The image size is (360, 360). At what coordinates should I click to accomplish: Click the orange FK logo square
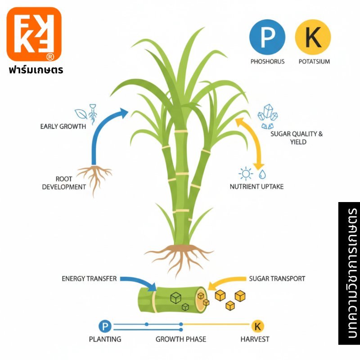click(34, 34)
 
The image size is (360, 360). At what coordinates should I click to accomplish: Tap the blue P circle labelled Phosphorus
click(267, 38)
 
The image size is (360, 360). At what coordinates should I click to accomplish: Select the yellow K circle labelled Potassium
click(313, 38)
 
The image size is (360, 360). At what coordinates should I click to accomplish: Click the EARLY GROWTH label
click(63, 126)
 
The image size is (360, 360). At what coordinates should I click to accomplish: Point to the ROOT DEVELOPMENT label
click(64, 183)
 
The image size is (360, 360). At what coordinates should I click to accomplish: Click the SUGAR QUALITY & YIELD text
click(297, 138)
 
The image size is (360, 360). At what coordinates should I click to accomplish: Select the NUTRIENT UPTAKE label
click(256, 186)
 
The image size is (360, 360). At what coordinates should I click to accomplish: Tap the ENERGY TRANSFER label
click(89, 279)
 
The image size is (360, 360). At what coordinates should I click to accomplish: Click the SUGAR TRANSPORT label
click(277, 279)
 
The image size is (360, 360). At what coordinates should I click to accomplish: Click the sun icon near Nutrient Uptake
click(246, 173)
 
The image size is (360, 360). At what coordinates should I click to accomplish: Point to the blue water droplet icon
click(262, 174)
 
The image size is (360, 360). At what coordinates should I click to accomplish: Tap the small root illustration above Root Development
click(94, 176)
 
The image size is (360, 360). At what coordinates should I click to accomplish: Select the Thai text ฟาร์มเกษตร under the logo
click(36, 70)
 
